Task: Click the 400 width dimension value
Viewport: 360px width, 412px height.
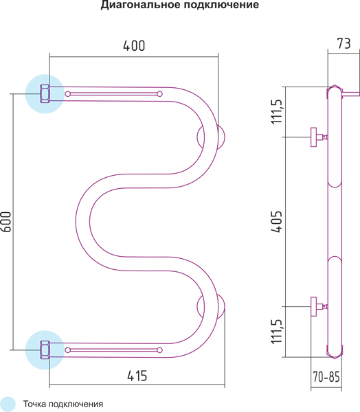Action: (134, 46)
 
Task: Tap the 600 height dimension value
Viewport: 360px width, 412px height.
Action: (6, 222)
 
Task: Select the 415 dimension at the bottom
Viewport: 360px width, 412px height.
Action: (137, 376)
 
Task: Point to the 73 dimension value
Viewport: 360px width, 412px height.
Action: (344, 44)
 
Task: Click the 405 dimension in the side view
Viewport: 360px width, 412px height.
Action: (276, 222)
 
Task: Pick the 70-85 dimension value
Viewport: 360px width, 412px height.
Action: (326, 377)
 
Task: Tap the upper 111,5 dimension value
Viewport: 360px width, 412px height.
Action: (276, 112)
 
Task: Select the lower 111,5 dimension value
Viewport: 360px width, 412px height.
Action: (276, 332)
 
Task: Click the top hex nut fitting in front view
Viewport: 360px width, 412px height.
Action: (45, 94)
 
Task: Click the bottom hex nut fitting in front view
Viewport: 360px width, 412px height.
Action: (45, 350)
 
